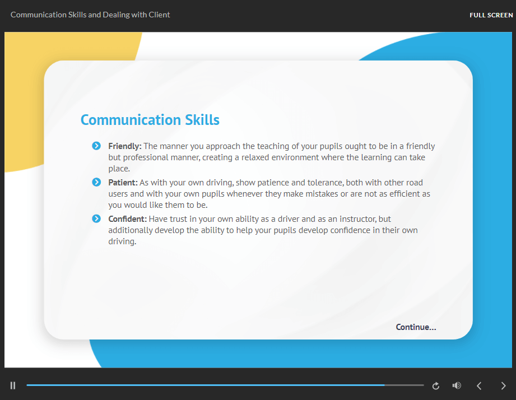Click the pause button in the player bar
pyautogui.click(x=13, y=385)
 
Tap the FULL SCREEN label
pyautogui.click(x=491, y=15)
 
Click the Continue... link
pyautogui.click(x=416, y=327)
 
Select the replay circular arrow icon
pyautogui.click(x=436, y=386)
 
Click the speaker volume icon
pyautogui.click(x=457, y=385)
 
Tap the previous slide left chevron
pyautogui.click(x=479, y=386)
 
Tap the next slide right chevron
pyautogui.click(x=503, y=386)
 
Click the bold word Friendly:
pyautogui.click(x=125, y=146)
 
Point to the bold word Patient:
pyautogui.click(x=123, y=183)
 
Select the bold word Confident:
pyautogui.click(x=127, y=219)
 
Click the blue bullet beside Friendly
pyautogui.click(x=96, y=146)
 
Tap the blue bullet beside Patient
pyautogui.click(x=96, y=182)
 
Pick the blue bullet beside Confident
pyautogui.click(x=96, y=218)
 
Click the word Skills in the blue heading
pyautogui.click(x=202, y=120)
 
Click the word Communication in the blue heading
pyautogui.click(x=131, y=120)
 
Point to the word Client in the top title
pyautogui.click(x=159, y=15)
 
